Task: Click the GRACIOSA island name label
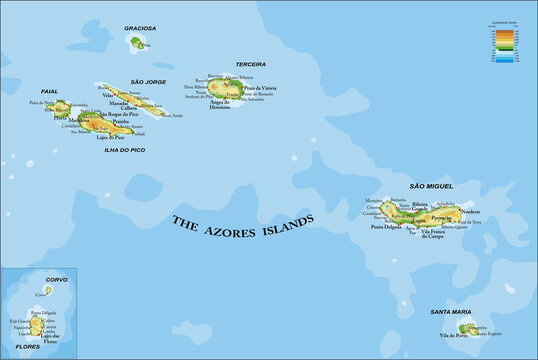140,29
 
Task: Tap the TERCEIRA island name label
250,64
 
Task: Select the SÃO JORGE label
147,82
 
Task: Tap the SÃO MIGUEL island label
431,186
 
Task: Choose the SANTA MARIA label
449,312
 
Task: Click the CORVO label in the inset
43,280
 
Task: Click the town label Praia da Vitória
257,90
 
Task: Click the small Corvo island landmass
47,290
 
